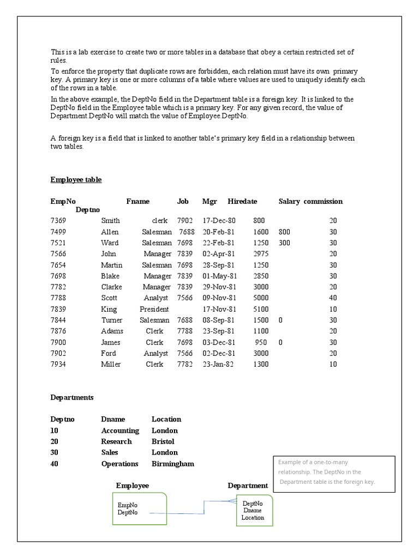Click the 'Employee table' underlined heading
tap(76, 180)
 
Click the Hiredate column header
tap(242, 202)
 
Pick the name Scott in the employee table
tap(109, 298)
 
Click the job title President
tap(154, 309)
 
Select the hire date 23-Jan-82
tap(218, 364)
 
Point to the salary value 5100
tap(261, 309)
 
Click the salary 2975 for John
tap(261, 254)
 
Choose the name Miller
tap(111, 364)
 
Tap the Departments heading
tap(72, 398)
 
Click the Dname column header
tap(113, 420)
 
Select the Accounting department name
tap(121, 430)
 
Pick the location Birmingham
tap(172, 464)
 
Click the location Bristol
tap(163, 441)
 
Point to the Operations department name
tap(119, 464)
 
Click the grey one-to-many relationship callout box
tap(334, 474)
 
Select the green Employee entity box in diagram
tap(140, 509)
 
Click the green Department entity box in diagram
tap(254, 511)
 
